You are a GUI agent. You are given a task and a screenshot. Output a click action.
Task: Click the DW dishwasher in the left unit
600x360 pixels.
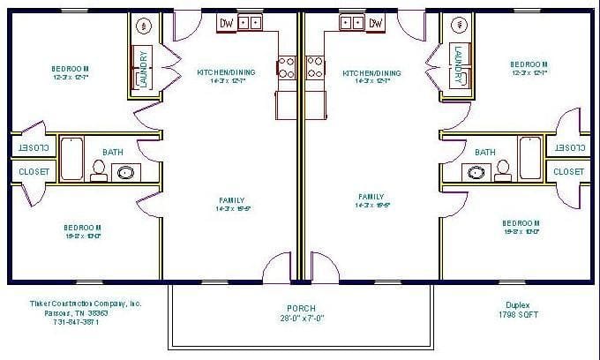coord(227,23)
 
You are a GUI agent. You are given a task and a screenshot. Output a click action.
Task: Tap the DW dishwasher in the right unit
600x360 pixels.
coord(376,23)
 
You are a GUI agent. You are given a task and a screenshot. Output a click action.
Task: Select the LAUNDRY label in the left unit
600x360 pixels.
coord(143,68)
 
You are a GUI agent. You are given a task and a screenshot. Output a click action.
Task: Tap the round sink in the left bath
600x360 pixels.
coord(127,172)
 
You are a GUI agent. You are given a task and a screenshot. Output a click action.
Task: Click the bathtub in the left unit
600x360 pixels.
coord(71,158)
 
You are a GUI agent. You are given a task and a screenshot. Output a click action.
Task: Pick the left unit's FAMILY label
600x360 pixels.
coord(230,199)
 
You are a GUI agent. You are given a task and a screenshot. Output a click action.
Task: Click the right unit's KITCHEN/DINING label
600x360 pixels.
coord(371,73)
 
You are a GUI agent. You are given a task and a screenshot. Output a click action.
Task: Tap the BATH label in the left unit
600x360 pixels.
coord(113,152)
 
